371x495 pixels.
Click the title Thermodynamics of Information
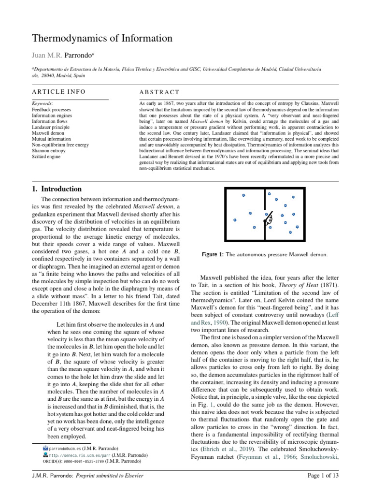pyautogui.click(x=101, y=38)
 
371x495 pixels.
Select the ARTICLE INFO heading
pyautogui.click(x=58, y=91)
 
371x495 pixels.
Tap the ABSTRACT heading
pyautogui.click(x=159, y=92)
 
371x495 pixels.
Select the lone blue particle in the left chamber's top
pyautogui.click(x=243, y=195)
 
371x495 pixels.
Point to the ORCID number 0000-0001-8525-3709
pyautogui.click(x=77, y=462)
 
